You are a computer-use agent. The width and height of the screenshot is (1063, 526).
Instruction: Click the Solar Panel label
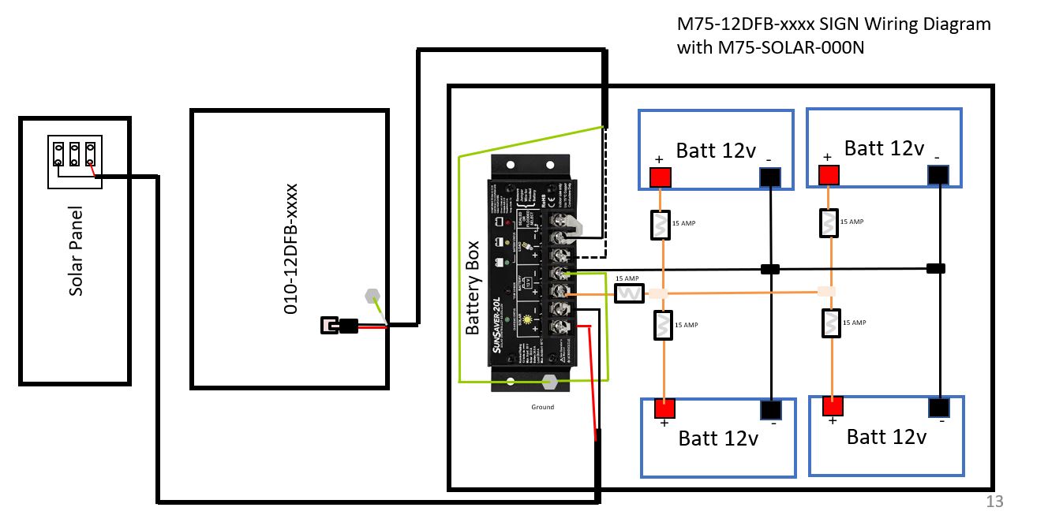pos(76,252)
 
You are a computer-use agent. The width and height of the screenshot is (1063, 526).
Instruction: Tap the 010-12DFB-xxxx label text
pos(290,249)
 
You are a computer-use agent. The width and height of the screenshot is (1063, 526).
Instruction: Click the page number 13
pos(994,502)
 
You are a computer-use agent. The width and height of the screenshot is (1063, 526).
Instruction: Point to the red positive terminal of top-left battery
pos(661,177)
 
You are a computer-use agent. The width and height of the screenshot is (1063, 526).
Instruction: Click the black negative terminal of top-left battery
pos(770,178)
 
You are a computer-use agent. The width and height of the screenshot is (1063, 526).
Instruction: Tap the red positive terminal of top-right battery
pos(827,174)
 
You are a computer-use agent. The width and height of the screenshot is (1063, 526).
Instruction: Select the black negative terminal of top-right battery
pos(938,175)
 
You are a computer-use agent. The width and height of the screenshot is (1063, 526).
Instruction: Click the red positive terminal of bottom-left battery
pos(664,408)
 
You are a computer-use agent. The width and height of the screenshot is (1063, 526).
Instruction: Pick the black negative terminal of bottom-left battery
pos(771,410)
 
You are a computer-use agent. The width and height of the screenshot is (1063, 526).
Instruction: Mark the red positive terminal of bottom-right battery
pos(832,406)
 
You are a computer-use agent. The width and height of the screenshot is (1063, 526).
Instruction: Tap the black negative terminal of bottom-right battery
pos(938,407)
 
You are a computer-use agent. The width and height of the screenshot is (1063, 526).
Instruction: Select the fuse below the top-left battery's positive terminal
pos(661,225)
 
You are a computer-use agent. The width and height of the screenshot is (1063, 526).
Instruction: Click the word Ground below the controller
pos(543,407)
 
